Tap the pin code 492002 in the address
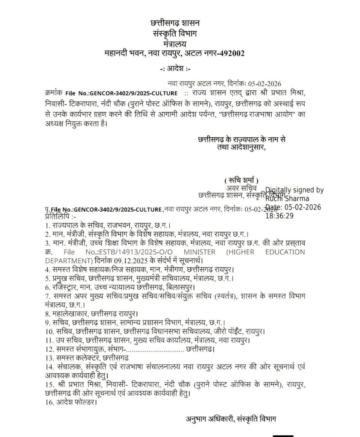click(x=230, y=53)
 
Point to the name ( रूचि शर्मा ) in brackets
click(x=241, y=180)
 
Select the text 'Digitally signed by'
click(x=294, y=190)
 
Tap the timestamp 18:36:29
click(x=279, y=216)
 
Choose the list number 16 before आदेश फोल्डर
click(x=48, y=402)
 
